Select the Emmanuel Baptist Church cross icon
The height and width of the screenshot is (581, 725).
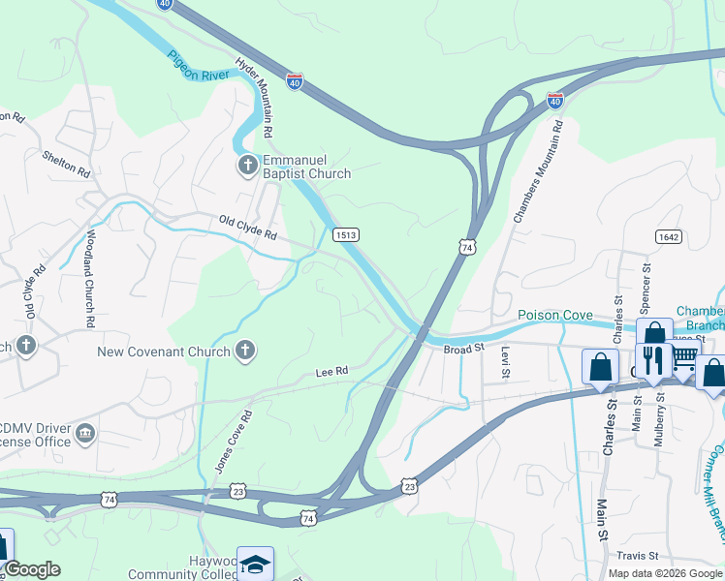point(247,166)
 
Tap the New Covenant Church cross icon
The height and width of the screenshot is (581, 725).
point(246,351)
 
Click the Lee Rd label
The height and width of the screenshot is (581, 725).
point(331,372)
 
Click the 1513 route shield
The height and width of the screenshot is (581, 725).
point(346,234)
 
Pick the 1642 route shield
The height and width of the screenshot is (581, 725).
point(667,236)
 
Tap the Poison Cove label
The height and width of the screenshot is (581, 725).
point(554,315)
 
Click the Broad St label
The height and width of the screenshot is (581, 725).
point(463,349)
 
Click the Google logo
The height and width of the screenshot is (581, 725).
point(32,569)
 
